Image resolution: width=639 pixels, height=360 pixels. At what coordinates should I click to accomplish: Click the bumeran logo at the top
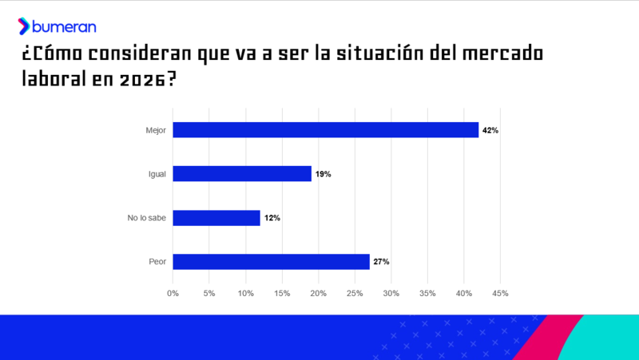[x=57, y=26]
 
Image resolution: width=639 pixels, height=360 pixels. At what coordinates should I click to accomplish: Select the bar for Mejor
[x=325, y=130]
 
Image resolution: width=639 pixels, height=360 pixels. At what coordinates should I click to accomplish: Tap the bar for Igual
[x=242, y=174]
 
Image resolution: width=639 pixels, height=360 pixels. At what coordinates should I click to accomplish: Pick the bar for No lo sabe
[x=216, y=218]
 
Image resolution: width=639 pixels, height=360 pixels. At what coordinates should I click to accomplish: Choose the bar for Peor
[x=271, y=262]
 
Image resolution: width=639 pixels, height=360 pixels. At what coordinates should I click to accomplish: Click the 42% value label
[x=490, y=130]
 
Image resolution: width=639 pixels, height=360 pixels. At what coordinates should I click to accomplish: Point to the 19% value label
[x=323, y=174]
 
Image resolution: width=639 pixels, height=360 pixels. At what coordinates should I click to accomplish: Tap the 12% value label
[x=272, y=218]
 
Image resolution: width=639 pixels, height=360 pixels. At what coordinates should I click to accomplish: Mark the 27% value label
[x=381, y=262]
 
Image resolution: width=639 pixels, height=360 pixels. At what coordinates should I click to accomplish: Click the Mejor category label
[x=156, y=130]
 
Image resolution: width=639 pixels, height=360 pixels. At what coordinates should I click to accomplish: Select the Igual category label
[x=157, y=174]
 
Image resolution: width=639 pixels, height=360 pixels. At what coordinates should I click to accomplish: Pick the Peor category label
[x=157, y=262]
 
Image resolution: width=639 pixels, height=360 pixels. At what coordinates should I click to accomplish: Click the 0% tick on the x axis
[x=173, y=294]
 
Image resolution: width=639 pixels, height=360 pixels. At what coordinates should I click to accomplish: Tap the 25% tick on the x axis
[x=355, y=294]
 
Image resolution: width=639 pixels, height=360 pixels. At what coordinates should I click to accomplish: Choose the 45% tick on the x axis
[x=500, y=294]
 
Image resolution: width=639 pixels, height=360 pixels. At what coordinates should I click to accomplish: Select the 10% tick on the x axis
[x=245, y=294]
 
